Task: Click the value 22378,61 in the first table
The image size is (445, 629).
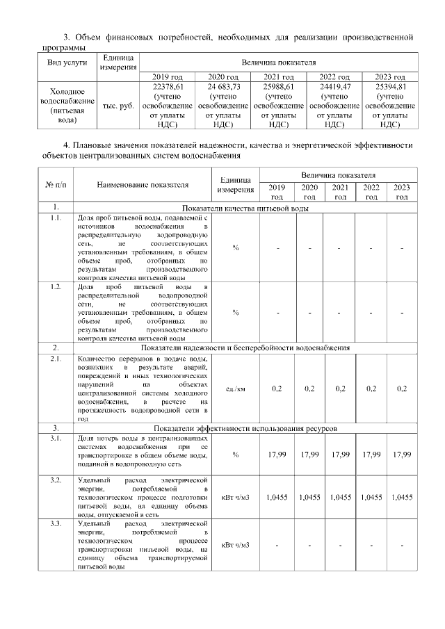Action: point(167,86)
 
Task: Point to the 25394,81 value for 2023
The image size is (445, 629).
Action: point(389,86)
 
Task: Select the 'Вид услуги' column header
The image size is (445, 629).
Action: point(67,63)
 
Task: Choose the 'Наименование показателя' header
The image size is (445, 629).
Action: point(143,185)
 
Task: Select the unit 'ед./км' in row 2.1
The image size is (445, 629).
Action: point(236,388)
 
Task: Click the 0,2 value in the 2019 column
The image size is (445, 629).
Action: point(277,388)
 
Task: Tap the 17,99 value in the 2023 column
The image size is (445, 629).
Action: point(402,454)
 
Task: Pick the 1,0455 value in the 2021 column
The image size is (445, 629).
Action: point(340,497)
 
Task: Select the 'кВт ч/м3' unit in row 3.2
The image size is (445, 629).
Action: point(236,497)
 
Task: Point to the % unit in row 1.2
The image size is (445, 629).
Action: point(236,312)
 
